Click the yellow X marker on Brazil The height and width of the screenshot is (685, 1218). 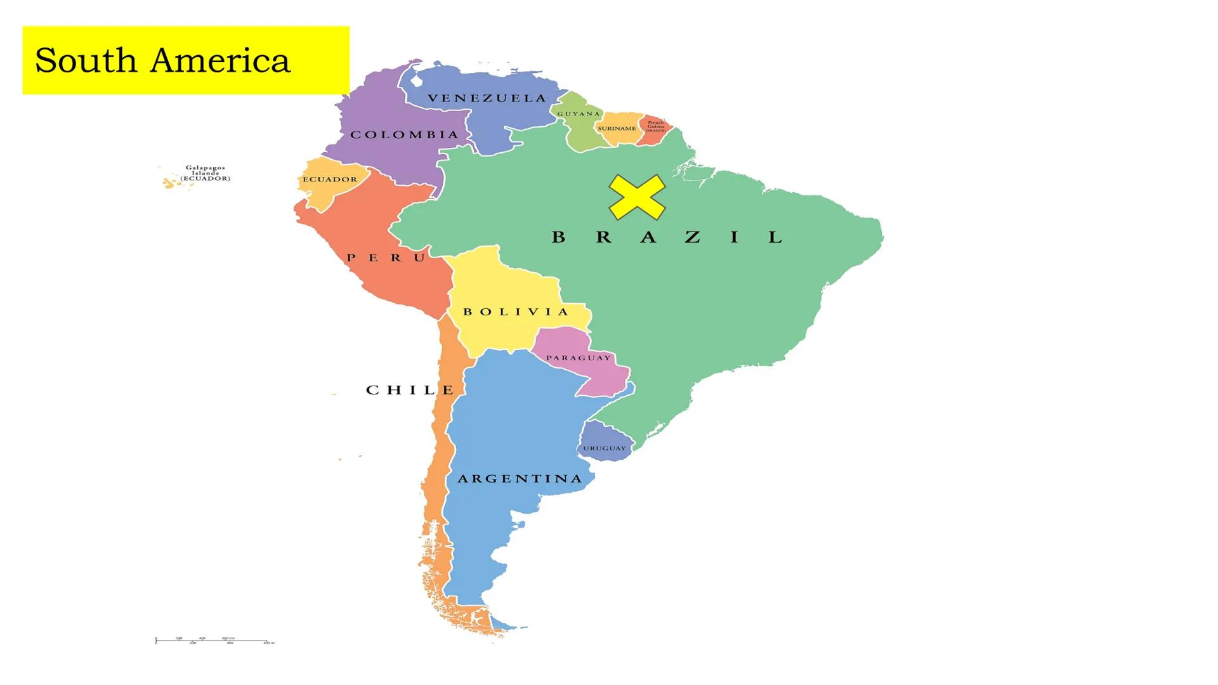637,197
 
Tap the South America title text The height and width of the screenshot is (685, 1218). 162,61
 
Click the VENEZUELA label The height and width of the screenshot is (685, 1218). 487,98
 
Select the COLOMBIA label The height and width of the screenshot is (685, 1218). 404,135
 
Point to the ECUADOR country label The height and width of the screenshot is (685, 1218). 330,179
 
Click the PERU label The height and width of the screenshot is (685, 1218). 386,258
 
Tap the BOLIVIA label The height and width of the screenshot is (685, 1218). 516,312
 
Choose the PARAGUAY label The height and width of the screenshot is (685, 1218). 579,358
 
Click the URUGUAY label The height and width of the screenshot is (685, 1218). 605,448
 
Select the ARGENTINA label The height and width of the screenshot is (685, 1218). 520,479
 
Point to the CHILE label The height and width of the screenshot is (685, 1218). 410,390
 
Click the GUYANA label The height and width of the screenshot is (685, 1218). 579,114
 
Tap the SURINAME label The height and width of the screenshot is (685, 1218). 617,129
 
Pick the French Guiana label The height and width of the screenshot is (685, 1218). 656,126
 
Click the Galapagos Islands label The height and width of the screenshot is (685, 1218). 205,173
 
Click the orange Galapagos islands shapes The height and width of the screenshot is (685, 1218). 169,183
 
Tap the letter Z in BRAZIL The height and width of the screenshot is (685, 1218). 692,237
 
